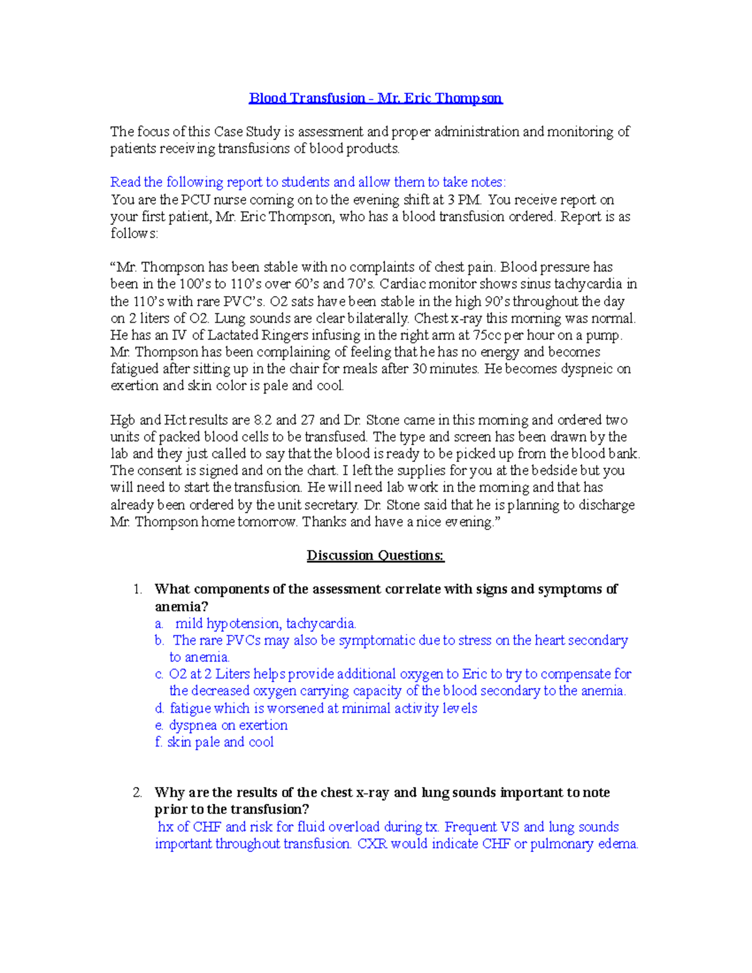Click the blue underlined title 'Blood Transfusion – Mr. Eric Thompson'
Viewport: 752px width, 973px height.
point(375,98)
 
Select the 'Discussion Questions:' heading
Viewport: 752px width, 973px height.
point(375,555)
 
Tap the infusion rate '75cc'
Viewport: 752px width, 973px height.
point(488,335)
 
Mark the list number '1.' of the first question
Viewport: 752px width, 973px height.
point(138,589)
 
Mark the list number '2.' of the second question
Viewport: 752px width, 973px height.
point(138,793)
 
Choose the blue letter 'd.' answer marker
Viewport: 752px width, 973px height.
point(159,709)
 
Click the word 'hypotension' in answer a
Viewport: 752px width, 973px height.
point(243,623)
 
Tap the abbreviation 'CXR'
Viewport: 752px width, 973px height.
point(372,844)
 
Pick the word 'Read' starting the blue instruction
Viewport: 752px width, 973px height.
point(125,182)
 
